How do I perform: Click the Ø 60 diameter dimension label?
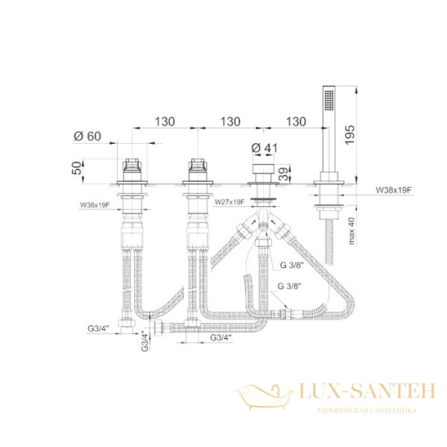point(87,136)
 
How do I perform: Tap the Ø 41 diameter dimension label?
point(264,148)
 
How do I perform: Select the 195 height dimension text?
point(350,135)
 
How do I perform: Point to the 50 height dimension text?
point(77,168)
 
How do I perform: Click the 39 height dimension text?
point(283,174)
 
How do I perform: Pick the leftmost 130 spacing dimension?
point(165,121)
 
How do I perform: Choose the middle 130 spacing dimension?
point(230,121)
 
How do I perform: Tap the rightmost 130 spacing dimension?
point(296,121)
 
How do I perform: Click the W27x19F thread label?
point(229,202)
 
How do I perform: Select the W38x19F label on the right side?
point(394,190)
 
